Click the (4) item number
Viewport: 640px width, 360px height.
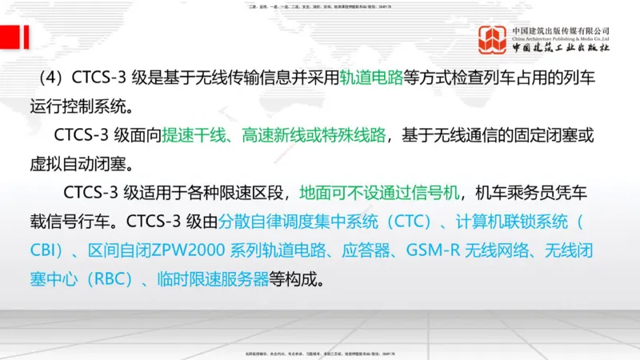(x=53, y=79)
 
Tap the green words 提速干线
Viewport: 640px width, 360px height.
(x=193, y=136)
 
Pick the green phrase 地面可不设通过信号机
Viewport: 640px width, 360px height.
(x=380, y=194)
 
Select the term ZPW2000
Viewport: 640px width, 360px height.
(x=190, y=251)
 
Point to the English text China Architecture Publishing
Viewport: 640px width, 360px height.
(x=561, y=38)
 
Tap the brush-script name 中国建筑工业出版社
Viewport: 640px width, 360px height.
(x=561, y=49)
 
